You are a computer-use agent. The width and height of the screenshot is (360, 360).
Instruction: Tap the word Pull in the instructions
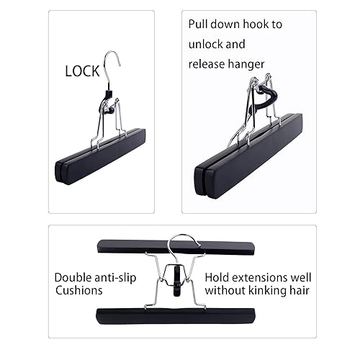click(x=201, y=24)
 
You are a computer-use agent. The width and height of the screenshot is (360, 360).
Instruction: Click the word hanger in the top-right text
click(x=248, y=64)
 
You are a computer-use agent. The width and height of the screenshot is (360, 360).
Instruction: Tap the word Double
click(x=74, y=276)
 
